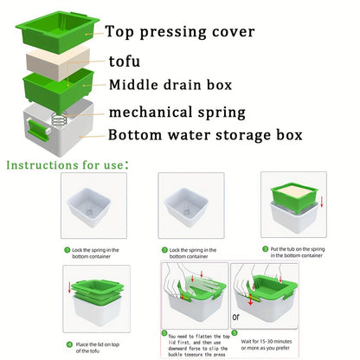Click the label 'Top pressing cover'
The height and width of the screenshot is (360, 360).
[x=180, y=32]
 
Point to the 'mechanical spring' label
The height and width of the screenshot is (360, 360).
[x=177, y=112]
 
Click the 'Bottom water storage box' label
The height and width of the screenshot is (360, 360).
[x=204, y=135]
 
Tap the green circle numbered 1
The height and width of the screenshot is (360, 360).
[x=67, y=249]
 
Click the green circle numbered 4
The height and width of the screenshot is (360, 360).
[x=67, y=343]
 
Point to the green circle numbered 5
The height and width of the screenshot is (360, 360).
[x=164, y=331]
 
